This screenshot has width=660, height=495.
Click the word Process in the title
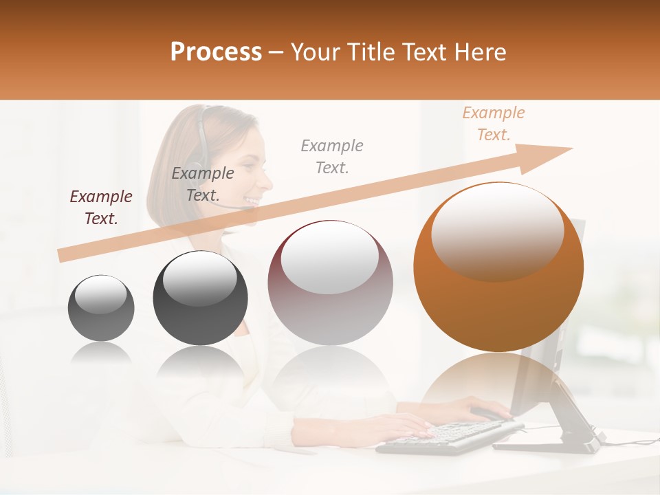pyautogui.click(x=216, y=52)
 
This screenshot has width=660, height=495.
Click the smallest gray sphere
pyautogui.click(x=101, y=307)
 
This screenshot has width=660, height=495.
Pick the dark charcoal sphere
pyautogui.click(x=200, y=298)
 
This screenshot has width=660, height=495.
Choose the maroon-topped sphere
pyautogui.click(x=330, y=283)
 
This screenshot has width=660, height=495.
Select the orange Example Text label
pyautogui.click(x=493, y=124)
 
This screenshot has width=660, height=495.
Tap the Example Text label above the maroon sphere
pyautogui.click(x=332, y=156)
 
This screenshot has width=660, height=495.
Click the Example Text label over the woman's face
pyautogui.click(x=203, y=184)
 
